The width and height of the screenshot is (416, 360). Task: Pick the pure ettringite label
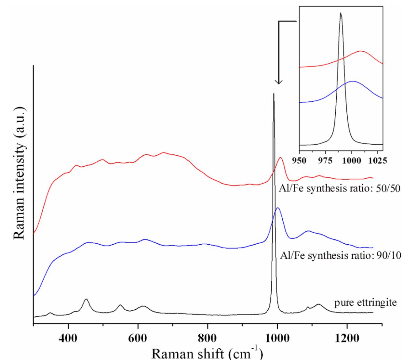point(366,303)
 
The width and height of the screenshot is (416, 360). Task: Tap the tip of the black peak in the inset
point(341,13)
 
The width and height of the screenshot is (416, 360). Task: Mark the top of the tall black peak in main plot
point(274,94)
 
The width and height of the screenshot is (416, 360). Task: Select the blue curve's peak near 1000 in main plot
point(277,208)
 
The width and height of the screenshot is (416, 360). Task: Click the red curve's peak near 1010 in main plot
point(280,158)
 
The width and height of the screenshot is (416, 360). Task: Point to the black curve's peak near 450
point(86,299)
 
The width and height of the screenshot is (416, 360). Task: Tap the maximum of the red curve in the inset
point(360,51)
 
